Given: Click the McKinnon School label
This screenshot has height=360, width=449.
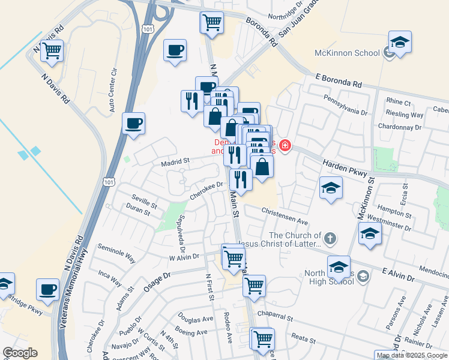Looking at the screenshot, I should coord(348,53).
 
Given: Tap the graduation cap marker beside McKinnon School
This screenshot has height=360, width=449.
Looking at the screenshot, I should coord(400,43).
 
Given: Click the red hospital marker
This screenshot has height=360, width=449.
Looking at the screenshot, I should coord(285,146).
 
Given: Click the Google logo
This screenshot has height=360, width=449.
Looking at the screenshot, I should coord(20,353).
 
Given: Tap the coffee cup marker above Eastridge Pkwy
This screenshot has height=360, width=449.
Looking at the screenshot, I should coord(48,290).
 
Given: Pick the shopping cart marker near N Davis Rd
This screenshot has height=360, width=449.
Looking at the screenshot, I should coord(52,50).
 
